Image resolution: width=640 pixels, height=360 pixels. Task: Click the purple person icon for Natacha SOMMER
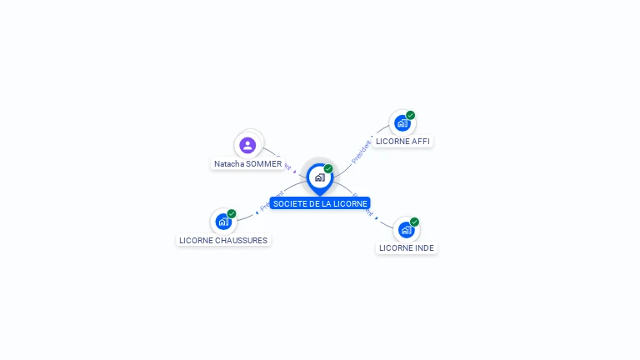247,145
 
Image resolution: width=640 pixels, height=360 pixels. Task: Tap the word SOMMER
264,164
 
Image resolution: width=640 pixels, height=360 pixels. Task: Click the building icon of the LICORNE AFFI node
402,123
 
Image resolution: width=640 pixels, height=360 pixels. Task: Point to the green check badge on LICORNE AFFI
411,115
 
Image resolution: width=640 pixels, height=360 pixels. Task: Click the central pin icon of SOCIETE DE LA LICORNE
319,177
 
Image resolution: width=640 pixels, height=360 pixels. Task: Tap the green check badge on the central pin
328,168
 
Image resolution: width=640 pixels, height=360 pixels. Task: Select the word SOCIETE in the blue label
289,203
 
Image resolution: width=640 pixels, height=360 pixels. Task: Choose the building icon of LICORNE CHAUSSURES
223,222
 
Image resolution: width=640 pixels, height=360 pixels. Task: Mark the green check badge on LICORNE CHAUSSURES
232,213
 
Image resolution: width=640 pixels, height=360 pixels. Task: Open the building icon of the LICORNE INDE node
406,229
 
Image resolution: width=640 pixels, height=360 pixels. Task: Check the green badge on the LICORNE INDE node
414,222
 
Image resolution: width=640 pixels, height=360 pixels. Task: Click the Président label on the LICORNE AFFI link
361,152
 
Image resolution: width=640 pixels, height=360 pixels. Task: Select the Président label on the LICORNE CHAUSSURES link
272,201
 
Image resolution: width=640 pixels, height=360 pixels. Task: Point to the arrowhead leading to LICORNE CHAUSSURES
257,212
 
